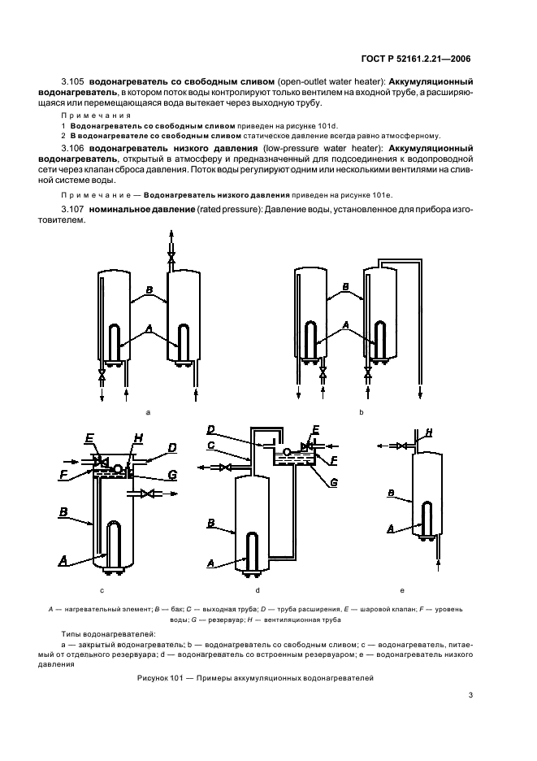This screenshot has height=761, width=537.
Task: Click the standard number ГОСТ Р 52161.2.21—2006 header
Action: click(419, 58)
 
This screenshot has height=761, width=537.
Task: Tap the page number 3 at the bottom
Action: click(470, 694)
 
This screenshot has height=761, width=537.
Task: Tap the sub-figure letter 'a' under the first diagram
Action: click(147, 413)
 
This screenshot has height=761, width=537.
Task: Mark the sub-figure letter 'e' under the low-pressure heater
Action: click(402, 588)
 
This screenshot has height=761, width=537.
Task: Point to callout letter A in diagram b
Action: click(347, 324)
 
